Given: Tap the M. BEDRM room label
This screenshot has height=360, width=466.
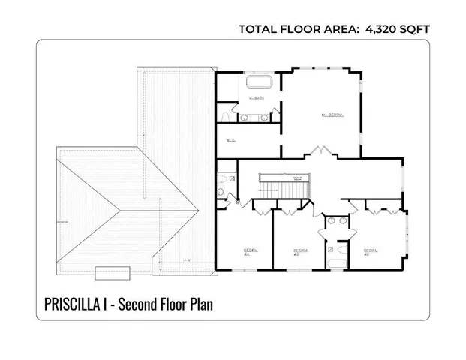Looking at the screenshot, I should (x=332, y=115).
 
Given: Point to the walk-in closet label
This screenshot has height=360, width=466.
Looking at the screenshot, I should (x=230, y=139).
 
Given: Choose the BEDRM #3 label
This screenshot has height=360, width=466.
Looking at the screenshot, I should (x=300, y=251).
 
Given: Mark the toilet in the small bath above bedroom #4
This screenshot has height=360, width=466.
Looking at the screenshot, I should (x=221, y=192).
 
